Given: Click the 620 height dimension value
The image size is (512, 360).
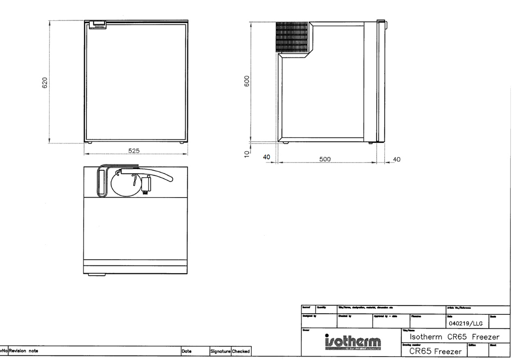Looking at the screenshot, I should point(45,83).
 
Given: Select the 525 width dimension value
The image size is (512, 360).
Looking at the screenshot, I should point(134,151).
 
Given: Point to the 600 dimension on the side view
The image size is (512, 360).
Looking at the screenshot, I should point(248,81).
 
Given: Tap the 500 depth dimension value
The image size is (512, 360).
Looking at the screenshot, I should point(325,160).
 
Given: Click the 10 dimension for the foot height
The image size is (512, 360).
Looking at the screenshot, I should point(248,153).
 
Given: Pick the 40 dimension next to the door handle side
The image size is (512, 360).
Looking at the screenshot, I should point(396,160).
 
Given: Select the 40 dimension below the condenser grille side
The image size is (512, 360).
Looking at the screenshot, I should point(267,157).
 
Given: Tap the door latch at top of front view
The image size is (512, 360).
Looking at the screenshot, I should point(100,24).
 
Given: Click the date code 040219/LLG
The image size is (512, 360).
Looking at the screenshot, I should point(466,324).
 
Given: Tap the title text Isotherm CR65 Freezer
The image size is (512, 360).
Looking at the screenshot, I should point(454,337).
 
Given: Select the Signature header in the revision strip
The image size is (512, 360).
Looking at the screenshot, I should point(220,351).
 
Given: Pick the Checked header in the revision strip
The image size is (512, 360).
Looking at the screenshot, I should point(241,351).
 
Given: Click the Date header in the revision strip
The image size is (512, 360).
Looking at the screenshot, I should point(186,351).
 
